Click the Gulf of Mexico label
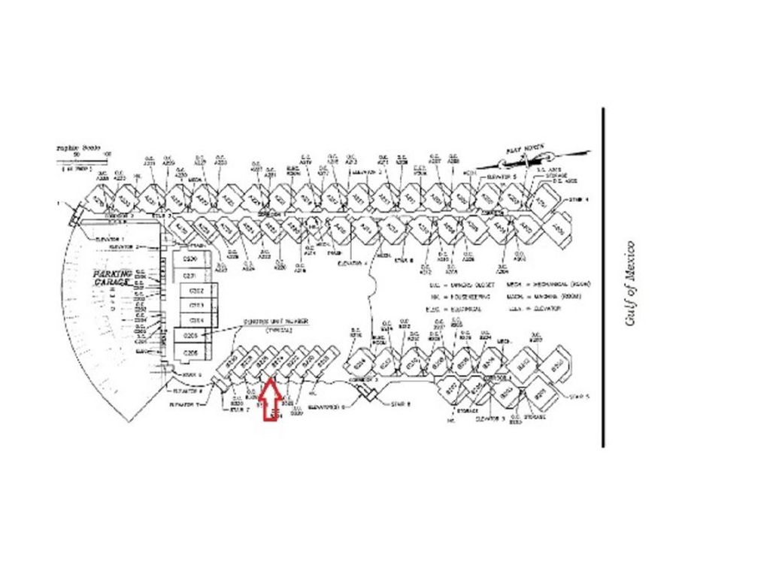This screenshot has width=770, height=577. pos(630,283)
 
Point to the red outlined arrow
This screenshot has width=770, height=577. pos(271,402)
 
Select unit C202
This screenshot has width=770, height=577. pos(196,291)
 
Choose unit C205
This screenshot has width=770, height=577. pos(191,336)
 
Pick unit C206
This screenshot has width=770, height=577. pos(191,352)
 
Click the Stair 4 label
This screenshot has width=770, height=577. pos(578,199)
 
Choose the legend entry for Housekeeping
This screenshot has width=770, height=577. pos(459,296)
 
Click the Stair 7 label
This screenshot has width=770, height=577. pos(239,409)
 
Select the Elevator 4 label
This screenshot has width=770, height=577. pos(353,264)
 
